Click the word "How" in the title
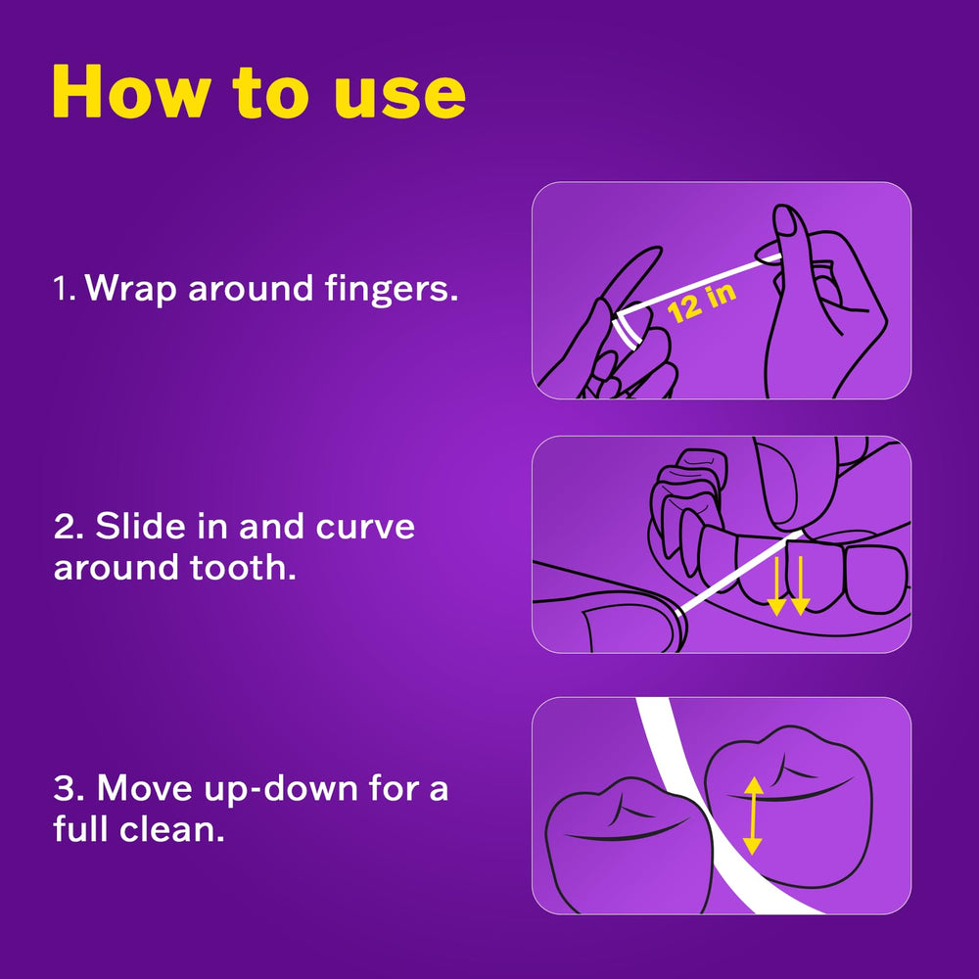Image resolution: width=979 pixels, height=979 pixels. pyautogui.click(x=129, y=91)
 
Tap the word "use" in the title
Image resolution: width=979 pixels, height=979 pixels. pyautogui.click(x=400, y=96)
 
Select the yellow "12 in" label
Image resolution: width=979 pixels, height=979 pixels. pyautogui.click(x=702, y=303)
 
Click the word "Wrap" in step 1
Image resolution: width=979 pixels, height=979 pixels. pyautogui.click(x=130, y=290)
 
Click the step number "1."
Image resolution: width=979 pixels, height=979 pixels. pyautogui.click(x=65, y=289)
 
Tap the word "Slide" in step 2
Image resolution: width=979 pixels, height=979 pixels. pyautogui.click(x=140, y=527)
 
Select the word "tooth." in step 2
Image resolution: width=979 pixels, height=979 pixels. pyautogui.click(x=243, y=568)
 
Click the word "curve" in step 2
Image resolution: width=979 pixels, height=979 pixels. pyautogui.click(x=365, y=527)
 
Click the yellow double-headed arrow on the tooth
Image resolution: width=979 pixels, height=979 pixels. pyautogui.click(x=754, y=816)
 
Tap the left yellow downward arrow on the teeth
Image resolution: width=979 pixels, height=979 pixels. pyautogui.click(x=776, y=585)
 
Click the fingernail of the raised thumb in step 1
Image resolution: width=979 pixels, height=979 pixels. pyautogui.click(x=786, y=221)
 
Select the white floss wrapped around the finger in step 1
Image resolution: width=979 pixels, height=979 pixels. pyautogui.click(x=627, y=331)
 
